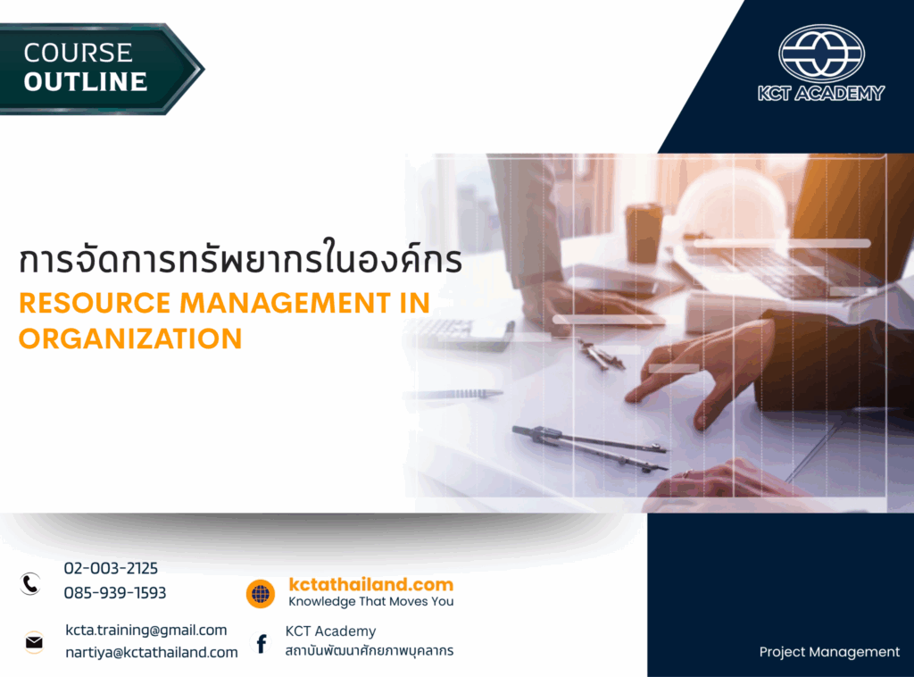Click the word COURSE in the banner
[78, 53]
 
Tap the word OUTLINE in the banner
[85, 82]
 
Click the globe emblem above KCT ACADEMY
[821, 53]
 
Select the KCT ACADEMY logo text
[821, 93]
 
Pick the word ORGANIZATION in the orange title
[130, 338]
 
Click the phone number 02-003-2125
[111, 568]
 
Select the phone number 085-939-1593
[115, 593]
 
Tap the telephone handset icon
[31, 584]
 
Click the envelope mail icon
[34, 642]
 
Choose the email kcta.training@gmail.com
[146, 631]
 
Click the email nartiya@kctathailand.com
[152, 653]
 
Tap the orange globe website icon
[261, 594]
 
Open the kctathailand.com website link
[370, 585]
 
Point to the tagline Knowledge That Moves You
[370, 602]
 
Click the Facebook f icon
[262, 643]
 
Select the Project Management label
[829, 652]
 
